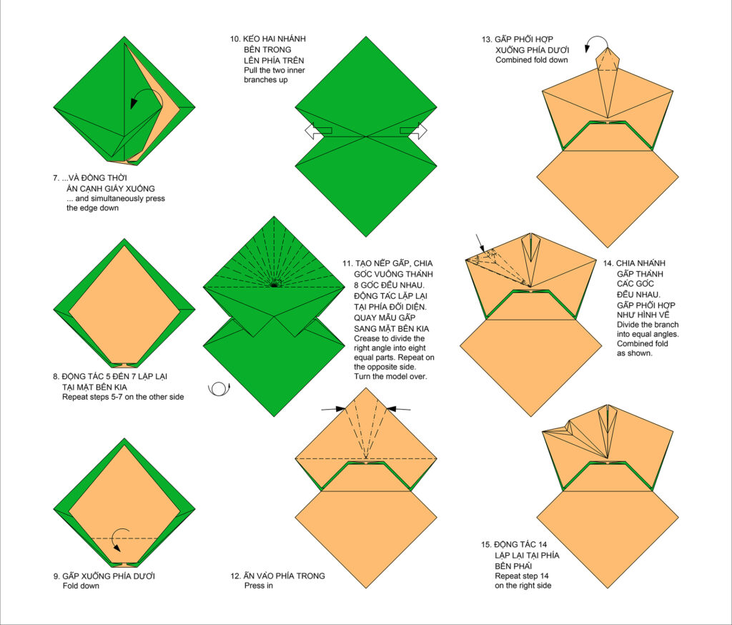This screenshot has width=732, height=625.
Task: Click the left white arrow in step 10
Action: [317, 130]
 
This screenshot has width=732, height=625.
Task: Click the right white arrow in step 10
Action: [414, 130]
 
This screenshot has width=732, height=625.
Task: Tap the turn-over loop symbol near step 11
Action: [219, 388]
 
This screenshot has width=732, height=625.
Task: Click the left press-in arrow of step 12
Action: [333, 409]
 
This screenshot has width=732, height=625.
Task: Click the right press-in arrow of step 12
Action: [399, 409]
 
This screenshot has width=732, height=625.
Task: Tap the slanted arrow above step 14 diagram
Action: [481, 243]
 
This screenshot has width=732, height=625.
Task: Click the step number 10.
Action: [235, 39]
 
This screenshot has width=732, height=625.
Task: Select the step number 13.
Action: [487, 39]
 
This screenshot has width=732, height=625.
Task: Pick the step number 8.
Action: [56, 376]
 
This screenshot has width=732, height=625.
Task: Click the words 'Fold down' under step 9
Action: [81, 586]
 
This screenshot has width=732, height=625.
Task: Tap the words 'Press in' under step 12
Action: [259, 586]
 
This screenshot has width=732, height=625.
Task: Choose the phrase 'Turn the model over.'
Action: [390, 376]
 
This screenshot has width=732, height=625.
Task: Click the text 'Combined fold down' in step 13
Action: [532, 60]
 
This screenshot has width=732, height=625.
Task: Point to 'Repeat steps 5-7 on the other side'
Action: [123, 397]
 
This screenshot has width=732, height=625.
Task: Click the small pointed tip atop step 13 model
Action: [608, 48]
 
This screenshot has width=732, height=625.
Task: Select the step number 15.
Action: [486, 544]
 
